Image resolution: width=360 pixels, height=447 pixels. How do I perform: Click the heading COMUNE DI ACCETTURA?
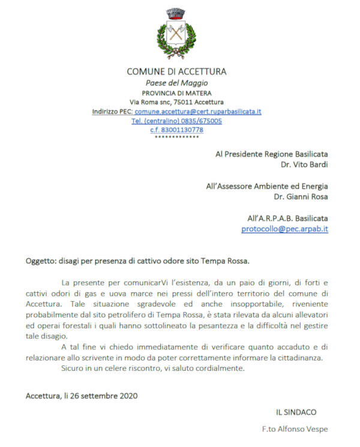pos(176,72)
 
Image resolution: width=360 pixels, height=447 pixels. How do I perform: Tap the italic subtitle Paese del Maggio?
pos(176,83)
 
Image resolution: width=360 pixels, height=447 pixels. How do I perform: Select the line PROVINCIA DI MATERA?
pos(176,93)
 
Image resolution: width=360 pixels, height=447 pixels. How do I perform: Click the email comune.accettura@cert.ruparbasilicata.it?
pos(197,112)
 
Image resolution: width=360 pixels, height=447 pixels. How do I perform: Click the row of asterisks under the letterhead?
pos(176,137)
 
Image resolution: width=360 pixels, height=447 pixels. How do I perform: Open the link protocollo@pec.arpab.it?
pos(284,229)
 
